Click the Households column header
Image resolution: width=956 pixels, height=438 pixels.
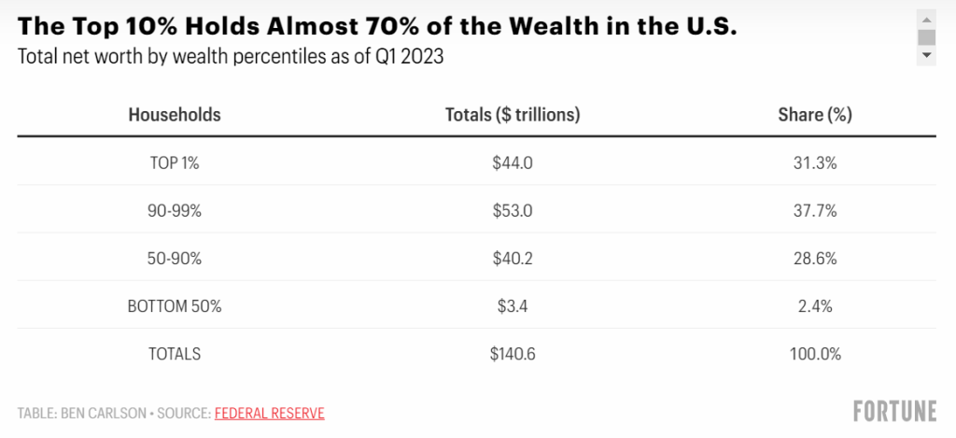(x=175, y=115)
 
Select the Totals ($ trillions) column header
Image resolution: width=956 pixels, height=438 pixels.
(x=513, y=115)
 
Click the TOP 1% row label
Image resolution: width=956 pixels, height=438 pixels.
(x=175, y=162)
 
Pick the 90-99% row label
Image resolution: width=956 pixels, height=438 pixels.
(x=175, y=210)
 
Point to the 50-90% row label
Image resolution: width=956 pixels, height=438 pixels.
(x=175, y=258)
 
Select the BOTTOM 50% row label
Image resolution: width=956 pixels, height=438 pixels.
(x=175, y=305)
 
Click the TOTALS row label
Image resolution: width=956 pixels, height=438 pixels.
(x=175, y=354)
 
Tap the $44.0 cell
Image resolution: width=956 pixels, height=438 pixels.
(x=513, y=162)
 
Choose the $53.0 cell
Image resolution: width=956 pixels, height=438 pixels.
(x=513, y=210)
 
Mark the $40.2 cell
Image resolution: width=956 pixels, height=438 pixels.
(x=513, y=258)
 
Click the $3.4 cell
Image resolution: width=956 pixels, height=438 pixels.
(x=513, y=305)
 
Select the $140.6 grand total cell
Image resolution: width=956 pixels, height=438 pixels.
(x=513, y=354)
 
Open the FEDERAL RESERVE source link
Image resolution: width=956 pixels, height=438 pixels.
(x=270, y=413)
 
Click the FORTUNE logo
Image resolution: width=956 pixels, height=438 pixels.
(x=894, y=412)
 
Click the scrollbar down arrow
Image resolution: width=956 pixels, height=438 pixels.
(x=926, y=56)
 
